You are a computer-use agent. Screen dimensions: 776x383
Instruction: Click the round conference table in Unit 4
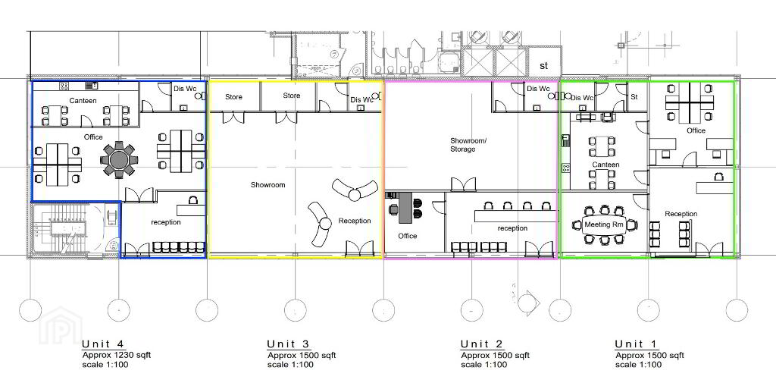pos(119,159)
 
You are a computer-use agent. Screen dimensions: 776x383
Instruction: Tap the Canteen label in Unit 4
pos(83,101)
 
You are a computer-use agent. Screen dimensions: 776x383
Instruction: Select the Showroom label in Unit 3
pos(268,185)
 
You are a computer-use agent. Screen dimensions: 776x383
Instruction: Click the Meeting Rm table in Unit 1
pos(604,224)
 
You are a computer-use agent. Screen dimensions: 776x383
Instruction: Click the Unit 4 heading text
pos(103,344)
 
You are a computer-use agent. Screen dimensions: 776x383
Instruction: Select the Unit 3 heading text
pos(288,344)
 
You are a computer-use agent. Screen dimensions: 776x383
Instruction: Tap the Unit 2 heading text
pos(481,344)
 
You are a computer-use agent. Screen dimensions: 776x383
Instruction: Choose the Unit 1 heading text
pos(636,344)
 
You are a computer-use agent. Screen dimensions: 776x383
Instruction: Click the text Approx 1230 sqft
pos(116,355)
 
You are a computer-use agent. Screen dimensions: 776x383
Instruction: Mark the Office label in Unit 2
pos(407,236)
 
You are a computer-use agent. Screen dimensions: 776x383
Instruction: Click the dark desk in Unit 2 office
pos(405,208)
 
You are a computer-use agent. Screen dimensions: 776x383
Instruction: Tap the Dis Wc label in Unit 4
pos(184,89)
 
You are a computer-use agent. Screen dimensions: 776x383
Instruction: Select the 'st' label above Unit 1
pos(544,65)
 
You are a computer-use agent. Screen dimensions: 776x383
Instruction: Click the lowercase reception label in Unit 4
pos(166,222)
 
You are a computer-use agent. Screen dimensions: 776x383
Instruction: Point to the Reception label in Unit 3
pos(355,221)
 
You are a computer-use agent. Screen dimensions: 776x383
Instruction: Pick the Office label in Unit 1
pos(696,130)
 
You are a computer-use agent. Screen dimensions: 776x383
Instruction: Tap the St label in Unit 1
pos(634,96)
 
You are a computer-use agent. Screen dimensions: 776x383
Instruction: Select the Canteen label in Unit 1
pos(605,165)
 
